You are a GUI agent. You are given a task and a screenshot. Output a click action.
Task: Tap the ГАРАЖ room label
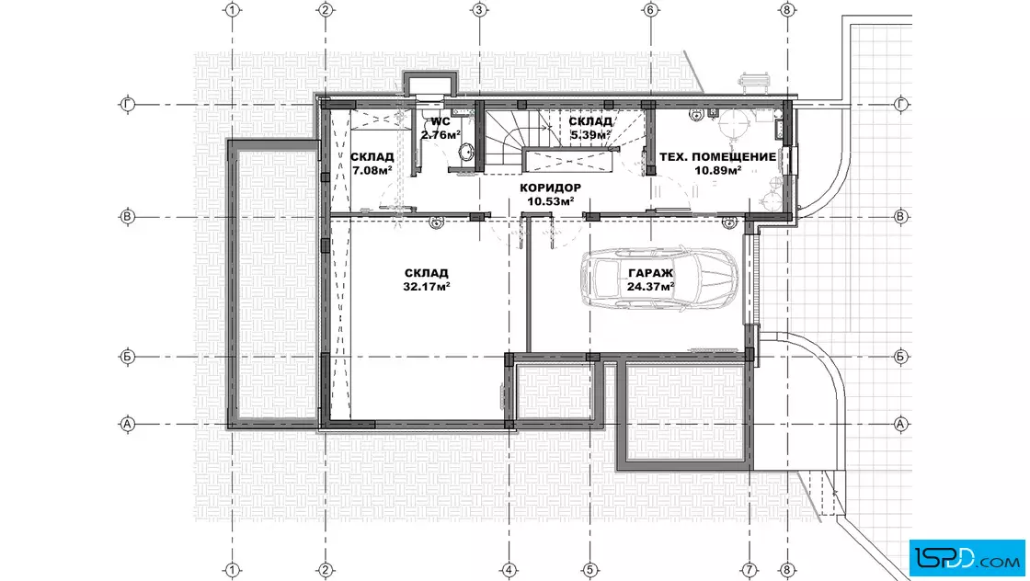[650, 273]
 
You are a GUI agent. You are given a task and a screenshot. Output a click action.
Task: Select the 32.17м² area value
[427, 287]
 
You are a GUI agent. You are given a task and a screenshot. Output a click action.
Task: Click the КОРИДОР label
[551, 188]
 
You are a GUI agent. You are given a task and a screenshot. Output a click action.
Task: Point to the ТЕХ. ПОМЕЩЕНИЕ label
[718, 157]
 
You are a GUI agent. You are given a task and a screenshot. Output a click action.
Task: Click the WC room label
[441, 121]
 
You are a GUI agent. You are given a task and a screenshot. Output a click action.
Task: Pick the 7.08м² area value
[372, 171]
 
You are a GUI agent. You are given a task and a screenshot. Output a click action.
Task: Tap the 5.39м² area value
[590, 135]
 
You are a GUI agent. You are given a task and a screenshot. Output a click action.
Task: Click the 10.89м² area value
[718, 171]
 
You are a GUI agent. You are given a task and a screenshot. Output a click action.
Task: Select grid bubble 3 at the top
[479, 10]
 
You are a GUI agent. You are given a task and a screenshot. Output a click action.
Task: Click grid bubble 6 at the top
[650, 10]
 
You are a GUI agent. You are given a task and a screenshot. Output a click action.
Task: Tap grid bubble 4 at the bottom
[509, 570]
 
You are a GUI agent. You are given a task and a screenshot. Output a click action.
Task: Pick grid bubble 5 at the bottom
[589, 570]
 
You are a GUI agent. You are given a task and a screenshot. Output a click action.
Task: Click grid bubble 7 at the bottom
[750, 570]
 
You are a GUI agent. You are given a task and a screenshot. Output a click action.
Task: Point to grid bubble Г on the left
[128, 105]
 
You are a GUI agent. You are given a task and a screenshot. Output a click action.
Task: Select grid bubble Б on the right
[900, 357]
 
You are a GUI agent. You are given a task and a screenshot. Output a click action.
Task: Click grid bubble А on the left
[128, 424]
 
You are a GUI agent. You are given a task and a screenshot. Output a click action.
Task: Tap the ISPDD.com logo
[967, 558]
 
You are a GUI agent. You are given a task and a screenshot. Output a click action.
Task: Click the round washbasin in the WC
[466, 154]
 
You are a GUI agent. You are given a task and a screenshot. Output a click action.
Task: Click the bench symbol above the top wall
[753, 82]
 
